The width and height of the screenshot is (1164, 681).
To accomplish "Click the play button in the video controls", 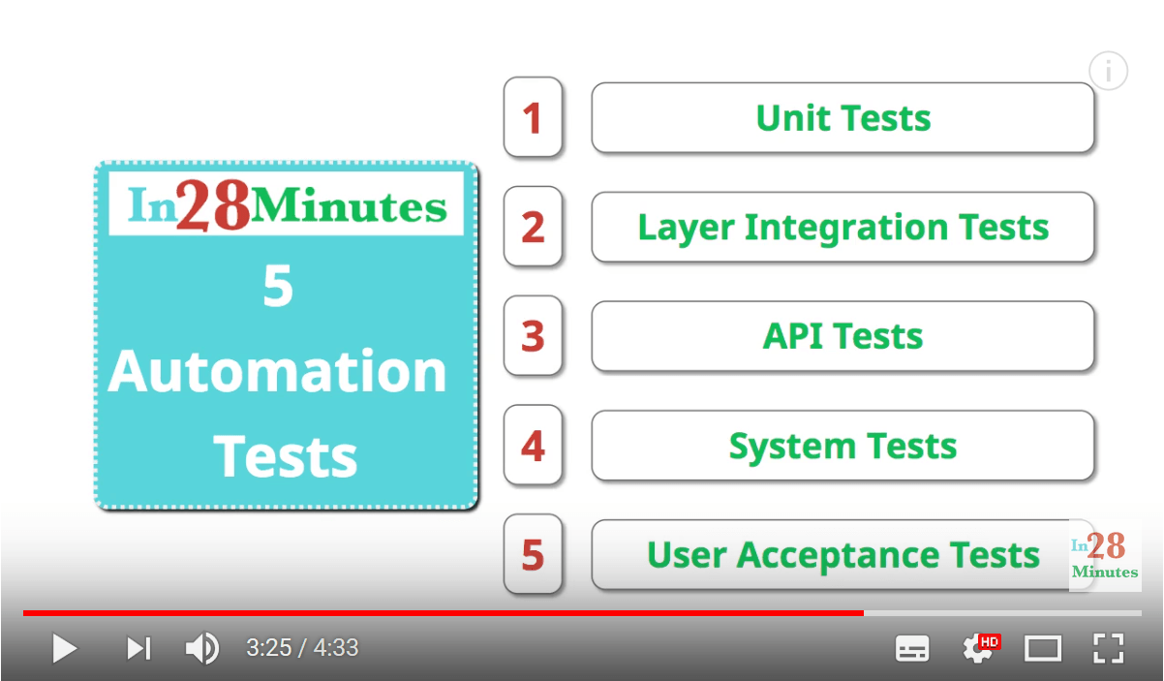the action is pos(65,648).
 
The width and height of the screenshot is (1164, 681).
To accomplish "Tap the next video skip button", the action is pos(139,648).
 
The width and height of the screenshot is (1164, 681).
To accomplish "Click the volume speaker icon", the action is pos(202,648).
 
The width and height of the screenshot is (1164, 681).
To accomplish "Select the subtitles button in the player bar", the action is pos(912,649).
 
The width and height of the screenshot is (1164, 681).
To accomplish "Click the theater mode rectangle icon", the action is pos(1043,649).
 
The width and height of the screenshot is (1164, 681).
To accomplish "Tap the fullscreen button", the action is pos(1109,648).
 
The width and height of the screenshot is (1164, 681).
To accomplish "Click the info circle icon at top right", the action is pos(1109,71).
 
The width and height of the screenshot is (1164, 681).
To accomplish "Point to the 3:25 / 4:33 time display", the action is pos(302,648).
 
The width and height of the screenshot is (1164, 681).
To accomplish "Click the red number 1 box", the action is pos(534,117).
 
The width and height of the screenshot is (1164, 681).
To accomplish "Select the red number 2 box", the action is pos(534,226).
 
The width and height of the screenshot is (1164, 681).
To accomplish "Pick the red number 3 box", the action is pos(534,335).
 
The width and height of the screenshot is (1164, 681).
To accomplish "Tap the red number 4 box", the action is pos(534,445).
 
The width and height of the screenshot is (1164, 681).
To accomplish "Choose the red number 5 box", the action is pos(534,554).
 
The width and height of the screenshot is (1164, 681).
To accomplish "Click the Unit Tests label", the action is pos(843,118).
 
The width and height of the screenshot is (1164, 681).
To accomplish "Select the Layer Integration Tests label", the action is pos(843,229).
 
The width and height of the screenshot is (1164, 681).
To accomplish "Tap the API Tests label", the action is pos(842,336).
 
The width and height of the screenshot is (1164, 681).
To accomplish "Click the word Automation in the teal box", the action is pos(278,371).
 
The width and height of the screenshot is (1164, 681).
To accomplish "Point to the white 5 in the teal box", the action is pos(278,286).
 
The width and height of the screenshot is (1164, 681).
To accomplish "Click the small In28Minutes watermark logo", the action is pos(1105,555).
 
